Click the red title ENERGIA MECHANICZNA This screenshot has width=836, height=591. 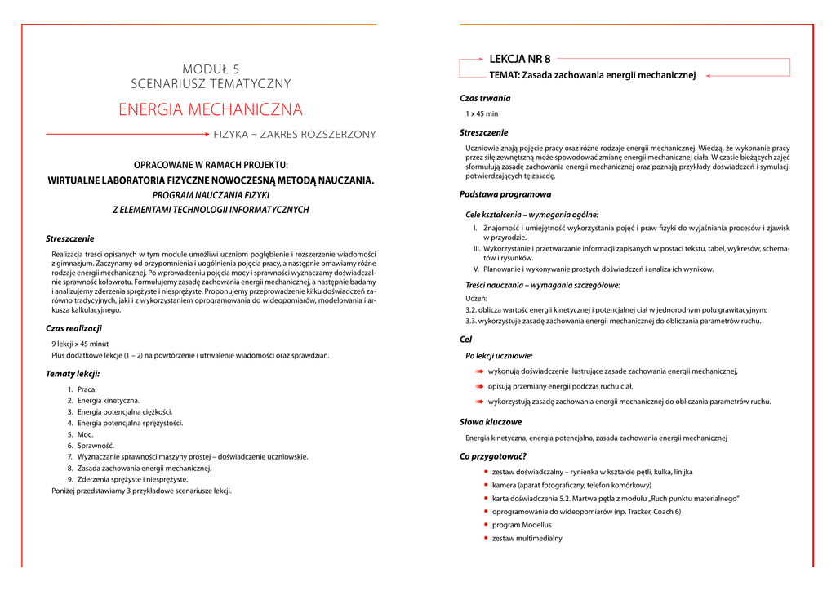(211, 109)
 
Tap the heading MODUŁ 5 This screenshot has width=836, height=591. (211, 69)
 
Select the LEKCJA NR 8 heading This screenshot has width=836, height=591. (519, 59)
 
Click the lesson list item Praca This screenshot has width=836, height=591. (87, 389)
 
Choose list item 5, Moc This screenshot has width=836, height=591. (85, 435)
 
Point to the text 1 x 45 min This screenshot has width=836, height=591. (482, 113)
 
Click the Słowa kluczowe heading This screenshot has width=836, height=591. (491, 422)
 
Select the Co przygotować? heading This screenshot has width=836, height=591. (493, 456)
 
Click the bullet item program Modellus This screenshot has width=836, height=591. (522, 525)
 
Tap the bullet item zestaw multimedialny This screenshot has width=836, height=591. (527, 539)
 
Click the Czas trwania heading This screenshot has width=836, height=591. (485, 98)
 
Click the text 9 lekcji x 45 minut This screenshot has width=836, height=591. (80, 344)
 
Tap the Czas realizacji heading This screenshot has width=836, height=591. (73, 328)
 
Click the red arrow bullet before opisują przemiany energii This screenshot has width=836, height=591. (481, 387)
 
